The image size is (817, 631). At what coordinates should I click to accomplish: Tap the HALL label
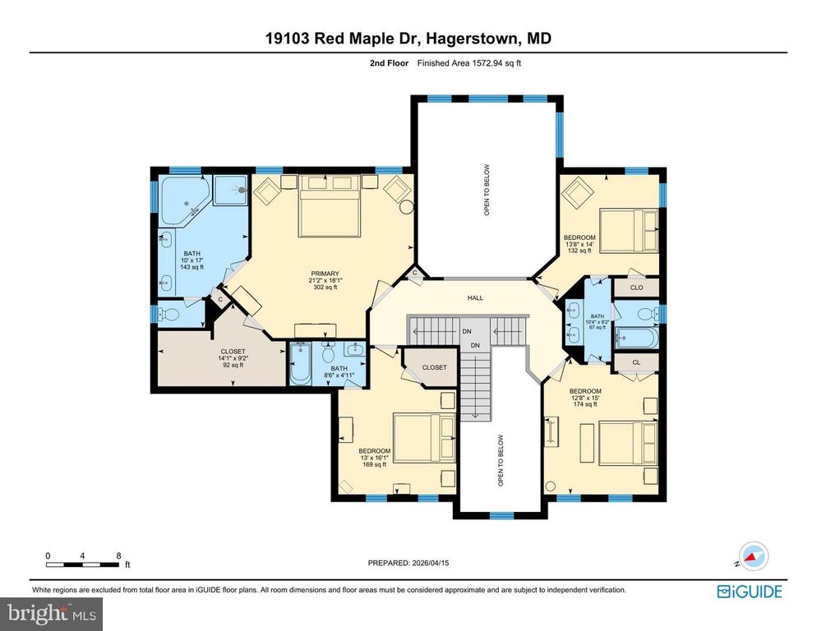[x=476, y=298]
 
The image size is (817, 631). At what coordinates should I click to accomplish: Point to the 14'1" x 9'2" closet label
[x=210, y=358]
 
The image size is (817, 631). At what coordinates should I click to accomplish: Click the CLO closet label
[x=637, y=288]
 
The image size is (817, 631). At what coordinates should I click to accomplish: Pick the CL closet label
[x=637, y=362]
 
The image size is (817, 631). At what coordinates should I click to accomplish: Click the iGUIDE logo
[x=749, y=591]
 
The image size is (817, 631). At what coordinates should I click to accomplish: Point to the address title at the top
[x=408, y=38]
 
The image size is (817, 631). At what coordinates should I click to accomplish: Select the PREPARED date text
[x=408, y=563]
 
